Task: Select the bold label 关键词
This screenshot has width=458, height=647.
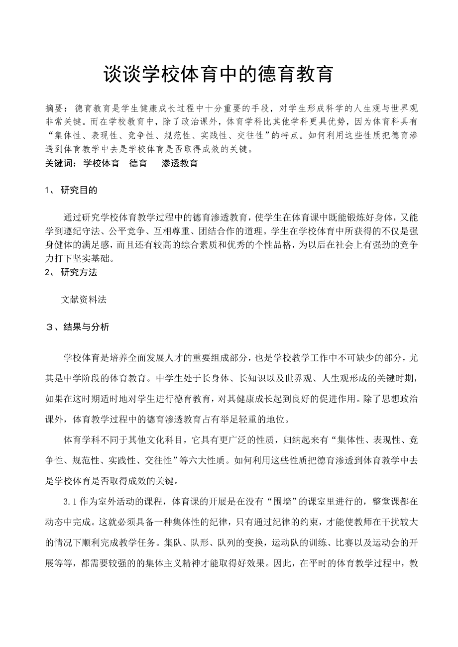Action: (x=57, y=163)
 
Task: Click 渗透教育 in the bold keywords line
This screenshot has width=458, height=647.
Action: (x=180, y=163)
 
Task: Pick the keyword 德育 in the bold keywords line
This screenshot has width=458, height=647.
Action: (x=138, y=163)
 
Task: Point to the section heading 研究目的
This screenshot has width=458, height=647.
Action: (x=79, y=190)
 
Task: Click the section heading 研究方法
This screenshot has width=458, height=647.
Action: (x=79, y=272)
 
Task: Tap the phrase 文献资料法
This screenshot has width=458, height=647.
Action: (x=84, y=300)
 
